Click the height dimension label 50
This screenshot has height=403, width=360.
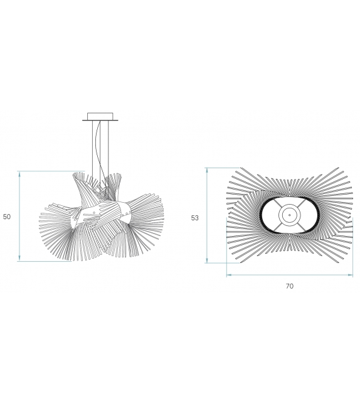(7, 217)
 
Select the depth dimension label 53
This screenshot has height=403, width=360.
(195, 218)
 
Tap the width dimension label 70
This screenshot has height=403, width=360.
(289, 286)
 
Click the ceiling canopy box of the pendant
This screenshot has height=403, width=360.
(100, 116)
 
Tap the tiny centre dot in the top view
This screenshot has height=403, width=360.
(290, 215)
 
